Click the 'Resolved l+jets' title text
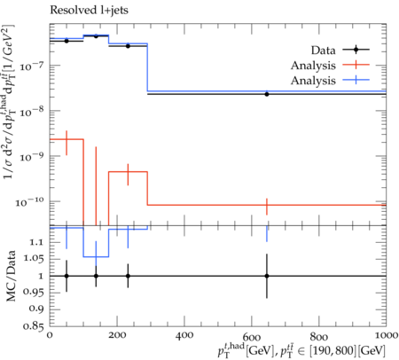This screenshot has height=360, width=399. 89,11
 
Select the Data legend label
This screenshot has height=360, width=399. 323,51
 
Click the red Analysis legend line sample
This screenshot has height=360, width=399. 356,65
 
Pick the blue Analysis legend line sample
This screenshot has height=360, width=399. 356,80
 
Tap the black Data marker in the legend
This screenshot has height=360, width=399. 356,50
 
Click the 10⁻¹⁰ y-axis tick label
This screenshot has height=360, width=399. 29,202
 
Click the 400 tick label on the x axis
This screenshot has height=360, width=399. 184,335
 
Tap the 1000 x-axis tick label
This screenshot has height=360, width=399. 385,335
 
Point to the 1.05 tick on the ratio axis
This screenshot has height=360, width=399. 34,259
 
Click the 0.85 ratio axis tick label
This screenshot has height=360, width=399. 34,326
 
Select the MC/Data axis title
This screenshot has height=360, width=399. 11,276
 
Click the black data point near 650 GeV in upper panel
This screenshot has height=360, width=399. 267,94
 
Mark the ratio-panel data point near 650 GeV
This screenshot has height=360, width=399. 267,276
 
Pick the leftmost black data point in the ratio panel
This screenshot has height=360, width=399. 66,276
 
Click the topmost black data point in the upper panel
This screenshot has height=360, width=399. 96,36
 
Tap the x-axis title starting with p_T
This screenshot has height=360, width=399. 301,350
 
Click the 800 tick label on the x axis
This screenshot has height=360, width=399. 319,335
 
